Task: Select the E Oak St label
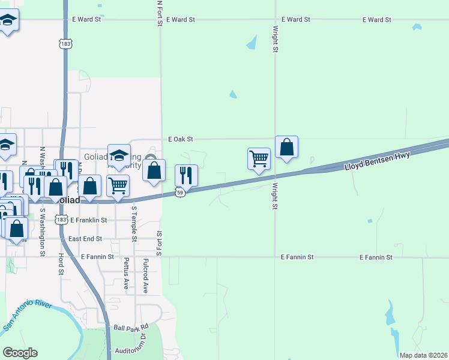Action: pos(181,139)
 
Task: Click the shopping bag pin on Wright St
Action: pos(287,146)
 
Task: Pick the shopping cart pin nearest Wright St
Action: pos(259,159)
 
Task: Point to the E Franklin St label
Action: pos(88,220)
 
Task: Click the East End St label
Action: pos(83,239)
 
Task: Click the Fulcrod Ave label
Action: pos(145,276)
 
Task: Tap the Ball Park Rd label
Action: pos(131,328)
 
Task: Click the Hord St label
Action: pos(62,263)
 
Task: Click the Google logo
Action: pos(20,353)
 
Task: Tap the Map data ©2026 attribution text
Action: pos(423,355)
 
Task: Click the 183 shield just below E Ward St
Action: pos(64,43)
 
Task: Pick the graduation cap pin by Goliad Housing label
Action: pos(119,154)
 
